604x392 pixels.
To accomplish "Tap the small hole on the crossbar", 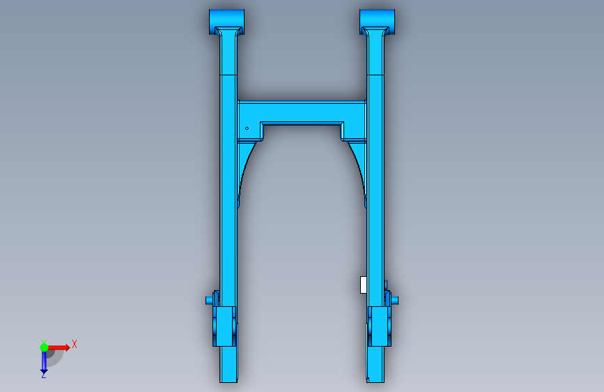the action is (247, 128).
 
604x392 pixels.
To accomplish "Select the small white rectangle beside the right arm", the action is (363, 285).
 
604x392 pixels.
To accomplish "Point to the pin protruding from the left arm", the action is (209, 300).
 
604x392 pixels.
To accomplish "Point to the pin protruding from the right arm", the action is (395, 300).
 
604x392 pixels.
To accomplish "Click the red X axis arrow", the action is (59, 347).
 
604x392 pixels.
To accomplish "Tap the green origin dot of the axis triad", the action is (44, 347).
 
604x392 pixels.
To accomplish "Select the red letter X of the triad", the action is (75, 344).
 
